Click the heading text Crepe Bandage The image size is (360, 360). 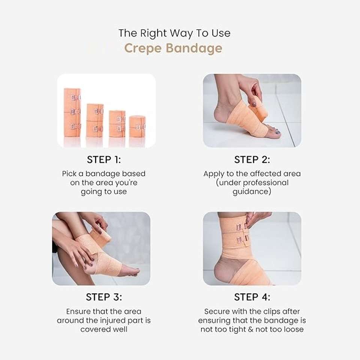pos(173,48)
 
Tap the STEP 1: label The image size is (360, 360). pos(104,160)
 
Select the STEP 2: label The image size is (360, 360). pos(252,160)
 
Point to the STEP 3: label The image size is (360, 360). pos(104,297)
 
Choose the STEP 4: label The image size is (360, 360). pos(252,297)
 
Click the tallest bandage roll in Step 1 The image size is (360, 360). pos(72,112)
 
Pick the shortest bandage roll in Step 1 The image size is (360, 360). pos(137,126)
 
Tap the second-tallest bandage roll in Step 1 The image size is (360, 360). pos(95,120)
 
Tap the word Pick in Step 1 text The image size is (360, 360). pos(69,174)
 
